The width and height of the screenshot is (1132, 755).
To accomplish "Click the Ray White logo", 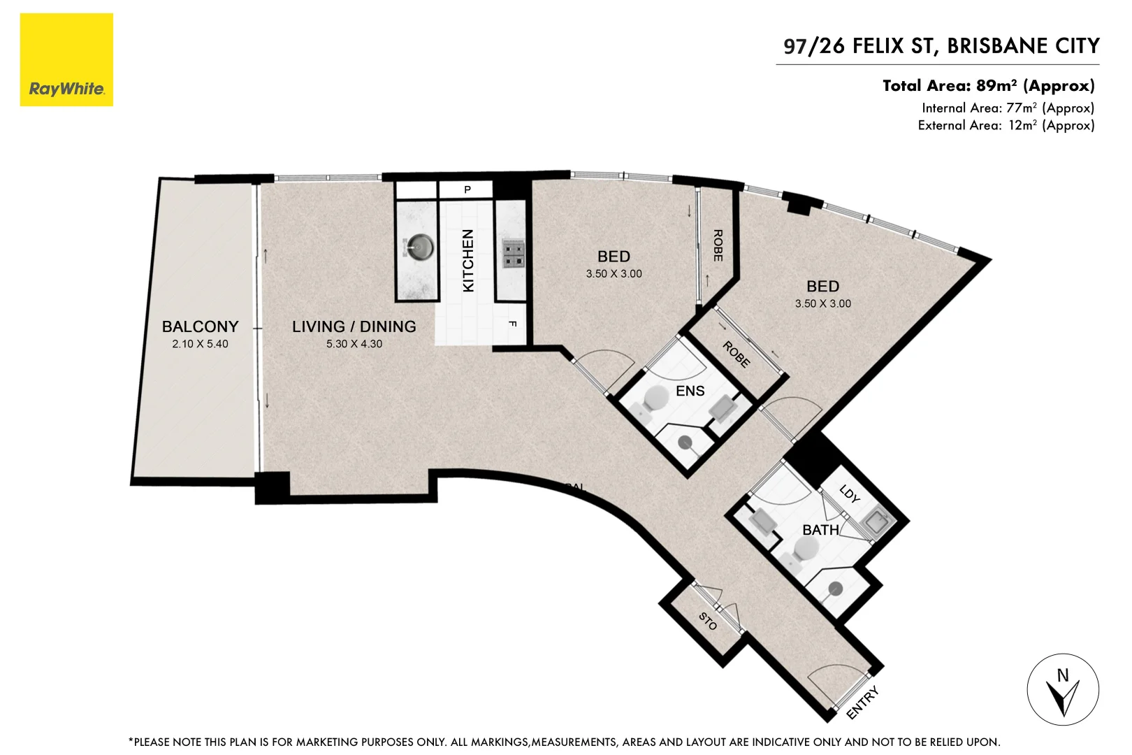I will [66, 60].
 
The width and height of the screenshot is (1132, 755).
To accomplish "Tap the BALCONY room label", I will [200, 326].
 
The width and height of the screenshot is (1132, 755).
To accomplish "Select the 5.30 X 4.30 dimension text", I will [354, 344].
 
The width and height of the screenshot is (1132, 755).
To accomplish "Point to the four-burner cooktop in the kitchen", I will [514, 254].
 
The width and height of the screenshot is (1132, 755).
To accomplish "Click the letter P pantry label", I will [467, 189].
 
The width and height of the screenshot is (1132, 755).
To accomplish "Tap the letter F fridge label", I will [513, 324].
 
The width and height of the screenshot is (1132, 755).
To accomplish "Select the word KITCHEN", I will [468, 261].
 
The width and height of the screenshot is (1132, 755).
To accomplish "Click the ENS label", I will [690, 391].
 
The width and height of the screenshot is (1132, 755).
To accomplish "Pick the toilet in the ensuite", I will [656, 399].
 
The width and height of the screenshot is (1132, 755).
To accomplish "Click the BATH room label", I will [820, 530].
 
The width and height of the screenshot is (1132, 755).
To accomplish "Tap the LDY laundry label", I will [850, 494].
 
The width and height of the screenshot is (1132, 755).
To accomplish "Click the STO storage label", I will [708, 621].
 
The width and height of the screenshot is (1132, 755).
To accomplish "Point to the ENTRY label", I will [862, 703].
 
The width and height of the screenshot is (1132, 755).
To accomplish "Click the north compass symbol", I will [1063, 690].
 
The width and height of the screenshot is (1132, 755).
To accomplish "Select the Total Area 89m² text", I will [988, 86].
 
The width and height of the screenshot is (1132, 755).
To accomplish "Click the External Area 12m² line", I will [1006, 126].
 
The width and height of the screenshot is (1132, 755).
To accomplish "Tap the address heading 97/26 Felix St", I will [941, 46].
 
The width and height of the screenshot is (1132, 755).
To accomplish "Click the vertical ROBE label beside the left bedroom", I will [718, 245].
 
